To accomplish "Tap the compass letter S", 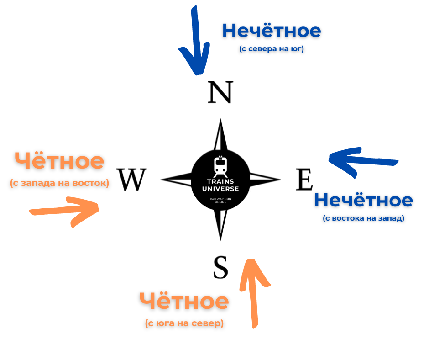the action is pos(220,267).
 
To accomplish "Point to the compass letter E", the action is pos(304,180).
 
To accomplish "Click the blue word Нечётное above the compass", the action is pos(272,31).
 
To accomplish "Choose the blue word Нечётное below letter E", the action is pos(364,200).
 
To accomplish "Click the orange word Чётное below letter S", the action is pos(184,301).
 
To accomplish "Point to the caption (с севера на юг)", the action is pos(272,48).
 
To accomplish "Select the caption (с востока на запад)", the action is pos(364,218).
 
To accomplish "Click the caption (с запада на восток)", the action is pos(59,183).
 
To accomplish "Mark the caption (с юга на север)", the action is pos(184,323).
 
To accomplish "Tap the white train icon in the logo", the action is pos(220,166).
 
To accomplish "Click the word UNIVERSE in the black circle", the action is pos(220,188).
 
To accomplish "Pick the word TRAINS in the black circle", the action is pos(220,180).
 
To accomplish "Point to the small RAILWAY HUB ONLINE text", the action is pos(220,201).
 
